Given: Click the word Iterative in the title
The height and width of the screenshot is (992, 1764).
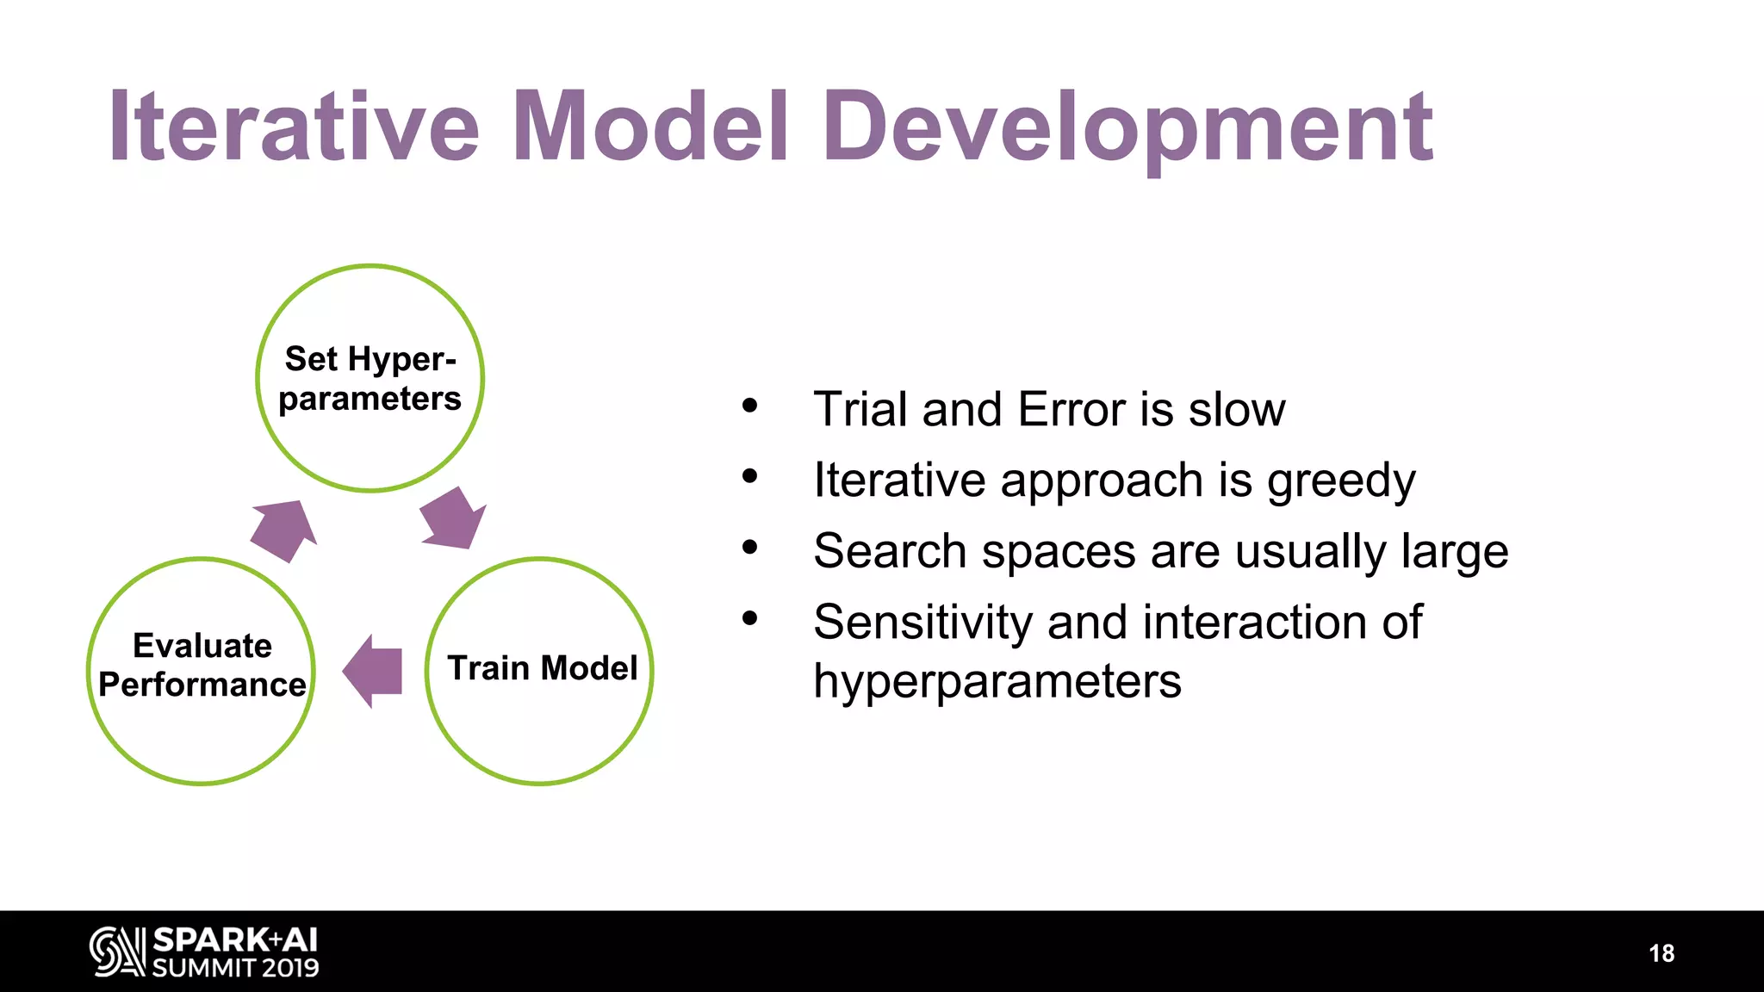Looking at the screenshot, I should [x=293, y=127].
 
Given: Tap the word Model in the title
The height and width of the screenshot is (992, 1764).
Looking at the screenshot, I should [x=650, y=127].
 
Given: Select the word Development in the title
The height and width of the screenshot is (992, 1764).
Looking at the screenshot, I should [x=1127, y=127].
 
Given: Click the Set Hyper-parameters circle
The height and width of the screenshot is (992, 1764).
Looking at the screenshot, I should [x=370, y=379].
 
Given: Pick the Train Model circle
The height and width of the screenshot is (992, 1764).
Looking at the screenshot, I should [x=540, y=671].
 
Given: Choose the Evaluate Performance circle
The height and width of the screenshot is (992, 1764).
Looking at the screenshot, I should [x=202, y=671].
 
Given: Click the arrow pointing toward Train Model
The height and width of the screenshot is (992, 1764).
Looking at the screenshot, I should [x=452, y=518].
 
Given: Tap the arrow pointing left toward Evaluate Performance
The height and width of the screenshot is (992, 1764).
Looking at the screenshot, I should [x=374, y=671].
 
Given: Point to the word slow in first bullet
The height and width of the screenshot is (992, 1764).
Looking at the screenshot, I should [x=1236, y=409].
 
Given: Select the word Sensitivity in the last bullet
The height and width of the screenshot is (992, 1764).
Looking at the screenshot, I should [x=922, y=623].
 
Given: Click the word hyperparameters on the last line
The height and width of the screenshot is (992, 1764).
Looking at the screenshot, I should [x=997, y=682].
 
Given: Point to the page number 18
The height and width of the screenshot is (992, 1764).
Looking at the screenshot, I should [x=1661, y=953].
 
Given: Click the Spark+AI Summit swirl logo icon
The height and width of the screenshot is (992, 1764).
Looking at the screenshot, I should [x=117, y=952].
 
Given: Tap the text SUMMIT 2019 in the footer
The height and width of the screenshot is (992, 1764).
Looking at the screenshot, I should [x=235, y=968].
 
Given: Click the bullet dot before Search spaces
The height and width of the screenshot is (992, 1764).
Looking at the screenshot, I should [x=749, y=547].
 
